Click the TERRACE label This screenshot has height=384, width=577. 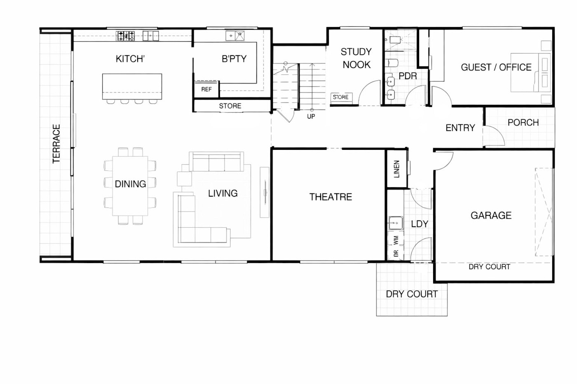56,144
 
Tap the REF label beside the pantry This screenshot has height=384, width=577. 206,89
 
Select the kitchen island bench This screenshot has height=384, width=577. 132,86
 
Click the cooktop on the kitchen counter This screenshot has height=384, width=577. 125,36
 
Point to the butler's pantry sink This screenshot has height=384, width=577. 235,36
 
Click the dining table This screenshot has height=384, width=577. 130,186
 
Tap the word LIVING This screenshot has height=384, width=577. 223,193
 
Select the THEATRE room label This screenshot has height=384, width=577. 331,197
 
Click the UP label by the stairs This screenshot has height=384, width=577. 311,116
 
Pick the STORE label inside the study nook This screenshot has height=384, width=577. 340,97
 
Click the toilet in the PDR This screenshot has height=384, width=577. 393,63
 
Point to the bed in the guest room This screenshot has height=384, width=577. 531,72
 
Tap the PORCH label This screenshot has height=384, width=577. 523,122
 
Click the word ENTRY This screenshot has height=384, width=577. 460,128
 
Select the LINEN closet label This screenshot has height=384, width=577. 396,169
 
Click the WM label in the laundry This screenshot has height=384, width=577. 396,240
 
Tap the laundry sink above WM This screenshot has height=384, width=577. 396,223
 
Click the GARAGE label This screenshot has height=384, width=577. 491,216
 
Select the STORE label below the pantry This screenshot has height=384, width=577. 230,106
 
